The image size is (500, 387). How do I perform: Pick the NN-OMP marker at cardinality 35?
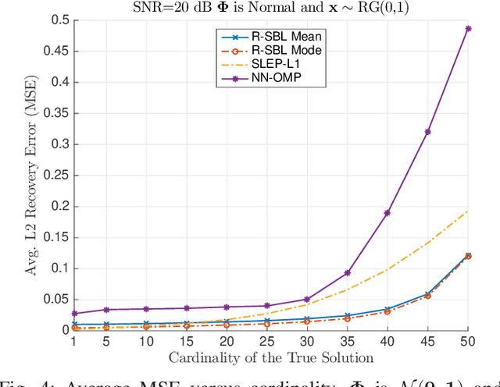point(347,273)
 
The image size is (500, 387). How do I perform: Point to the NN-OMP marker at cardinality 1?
point(74,314)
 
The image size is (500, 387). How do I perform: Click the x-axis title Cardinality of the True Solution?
point(271,357)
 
